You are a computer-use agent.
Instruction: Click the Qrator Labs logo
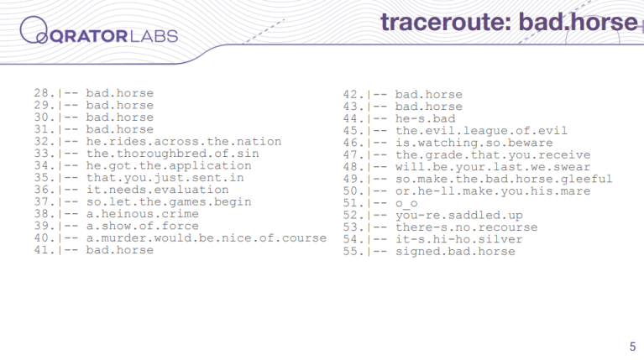coord(98,31)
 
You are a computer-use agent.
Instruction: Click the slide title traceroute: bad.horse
coord(510,22)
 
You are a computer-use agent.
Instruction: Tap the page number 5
coord(632,347)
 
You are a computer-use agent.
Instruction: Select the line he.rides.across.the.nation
coord(184,142)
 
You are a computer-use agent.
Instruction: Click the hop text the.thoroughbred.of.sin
coord(172,154)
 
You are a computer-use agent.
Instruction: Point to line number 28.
coord(45,93)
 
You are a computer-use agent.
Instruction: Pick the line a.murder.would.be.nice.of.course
coord(207,238)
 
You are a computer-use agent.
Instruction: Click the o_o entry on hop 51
coord(406,204)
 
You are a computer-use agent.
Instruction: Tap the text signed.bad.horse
coord(455,251)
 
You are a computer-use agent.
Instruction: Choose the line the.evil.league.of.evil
coord(481,131)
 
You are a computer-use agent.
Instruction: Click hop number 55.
coord(353,251)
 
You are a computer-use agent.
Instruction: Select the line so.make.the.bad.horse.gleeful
coord(504,179)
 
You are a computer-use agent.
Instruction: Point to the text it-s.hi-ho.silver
coord(458,239)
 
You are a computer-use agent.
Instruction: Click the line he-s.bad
coord(425,118)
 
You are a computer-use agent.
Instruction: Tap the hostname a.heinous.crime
coord(143,214)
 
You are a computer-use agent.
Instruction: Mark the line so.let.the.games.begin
coord(169,202)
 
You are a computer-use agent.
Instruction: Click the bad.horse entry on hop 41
coord(119,250)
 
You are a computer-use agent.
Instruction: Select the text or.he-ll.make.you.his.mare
coord(493,190)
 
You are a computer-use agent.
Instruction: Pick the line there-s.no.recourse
coord(466,227)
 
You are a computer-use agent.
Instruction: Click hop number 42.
coord(353,95)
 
